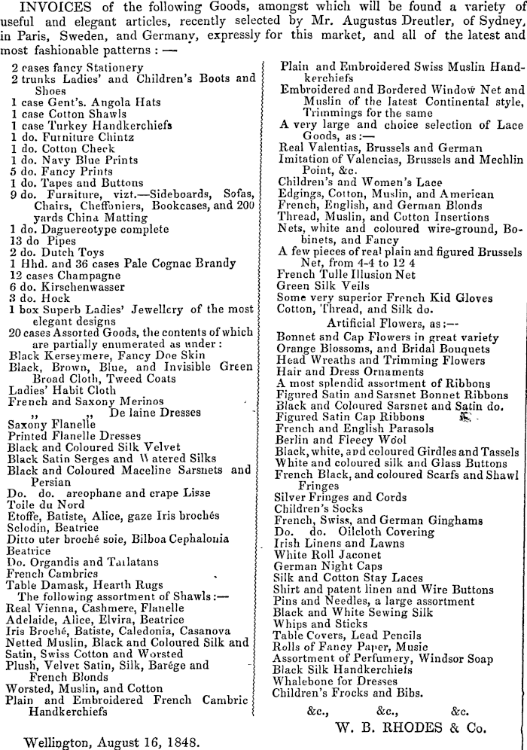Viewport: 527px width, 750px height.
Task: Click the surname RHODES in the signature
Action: point(419,728)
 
